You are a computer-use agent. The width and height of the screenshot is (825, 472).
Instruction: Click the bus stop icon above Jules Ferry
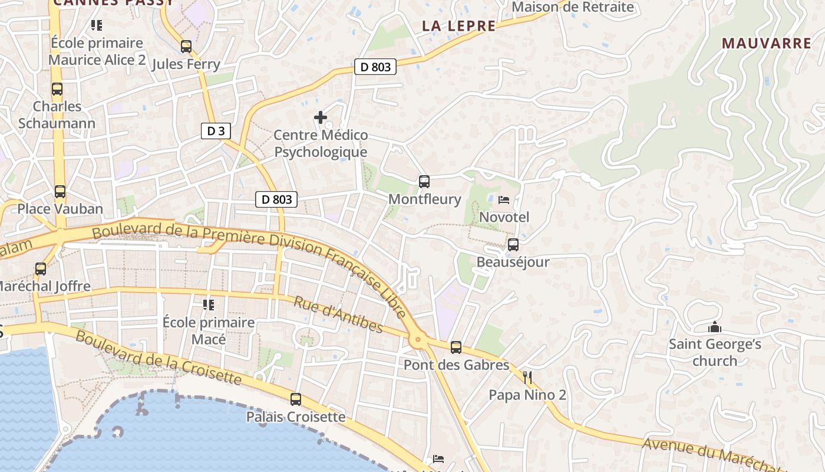pos(186,46)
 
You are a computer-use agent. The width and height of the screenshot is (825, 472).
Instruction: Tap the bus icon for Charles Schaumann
pos(57,89)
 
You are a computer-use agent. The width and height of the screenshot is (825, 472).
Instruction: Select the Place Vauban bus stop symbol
pos(60,192)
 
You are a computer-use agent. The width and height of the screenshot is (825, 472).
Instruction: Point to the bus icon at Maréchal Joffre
pos(41,269)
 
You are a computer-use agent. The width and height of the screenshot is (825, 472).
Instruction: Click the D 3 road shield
pos(216,131)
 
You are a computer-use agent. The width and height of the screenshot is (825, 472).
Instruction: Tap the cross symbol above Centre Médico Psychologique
pos(321,117)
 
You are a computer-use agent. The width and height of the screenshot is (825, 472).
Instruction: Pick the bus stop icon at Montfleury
pos(424,182)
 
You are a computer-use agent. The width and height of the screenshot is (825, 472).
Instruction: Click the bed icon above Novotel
pos(504,200)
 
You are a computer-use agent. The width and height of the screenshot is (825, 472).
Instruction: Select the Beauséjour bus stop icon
pos(513,245)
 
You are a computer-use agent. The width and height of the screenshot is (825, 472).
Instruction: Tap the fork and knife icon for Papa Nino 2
pos(527,378)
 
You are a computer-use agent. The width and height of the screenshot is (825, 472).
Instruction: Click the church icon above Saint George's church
pos(715,327)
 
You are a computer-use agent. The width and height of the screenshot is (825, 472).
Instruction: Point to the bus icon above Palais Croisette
pos(296,399)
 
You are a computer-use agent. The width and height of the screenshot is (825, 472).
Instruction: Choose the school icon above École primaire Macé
pos(209,305)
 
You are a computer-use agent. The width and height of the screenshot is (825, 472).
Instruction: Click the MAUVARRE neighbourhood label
pos(766,43)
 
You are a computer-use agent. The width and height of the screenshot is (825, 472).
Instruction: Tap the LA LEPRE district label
pos(459,26)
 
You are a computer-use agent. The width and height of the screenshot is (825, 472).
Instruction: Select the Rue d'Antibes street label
pos(338,316)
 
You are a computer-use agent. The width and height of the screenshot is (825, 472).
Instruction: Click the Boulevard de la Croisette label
pos(159,358)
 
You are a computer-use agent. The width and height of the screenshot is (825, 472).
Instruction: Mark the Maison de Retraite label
pos(573,7)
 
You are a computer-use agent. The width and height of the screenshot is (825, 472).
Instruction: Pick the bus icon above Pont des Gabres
pos(456,348)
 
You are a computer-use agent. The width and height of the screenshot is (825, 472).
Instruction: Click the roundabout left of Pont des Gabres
pos(418,339)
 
